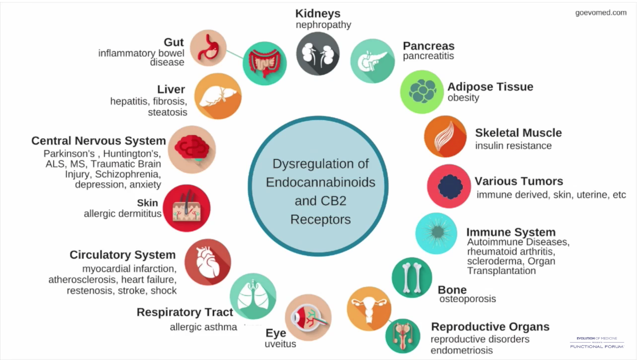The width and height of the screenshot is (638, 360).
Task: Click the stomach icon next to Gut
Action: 208,48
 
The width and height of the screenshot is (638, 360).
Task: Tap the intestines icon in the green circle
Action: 264,63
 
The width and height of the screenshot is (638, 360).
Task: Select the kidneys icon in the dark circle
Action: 318,53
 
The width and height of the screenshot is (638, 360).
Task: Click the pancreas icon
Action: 372,61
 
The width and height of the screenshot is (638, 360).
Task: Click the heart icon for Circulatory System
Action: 207,262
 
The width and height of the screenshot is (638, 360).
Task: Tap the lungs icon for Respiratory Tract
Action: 253,296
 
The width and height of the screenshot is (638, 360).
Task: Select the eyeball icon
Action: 308,317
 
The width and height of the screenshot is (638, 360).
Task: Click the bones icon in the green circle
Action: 412,277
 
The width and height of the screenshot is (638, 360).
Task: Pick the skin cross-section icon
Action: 186,208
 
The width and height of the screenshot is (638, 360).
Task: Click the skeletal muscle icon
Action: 445,136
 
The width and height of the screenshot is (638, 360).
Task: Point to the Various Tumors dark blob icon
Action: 449,186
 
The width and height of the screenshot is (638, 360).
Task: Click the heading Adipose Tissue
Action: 490,87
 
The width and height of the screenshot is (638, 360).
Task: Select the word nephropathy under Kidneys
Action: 323,24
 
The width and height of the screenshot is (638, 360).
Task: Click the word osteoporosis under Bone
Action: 467,299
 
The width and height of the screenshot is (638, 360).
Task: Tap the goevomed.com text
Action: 601,12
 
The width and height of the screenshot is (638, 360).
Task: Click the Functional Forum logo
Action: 596,342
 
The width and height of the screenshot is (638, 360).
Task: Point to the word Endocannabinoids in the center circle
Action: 320,182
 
